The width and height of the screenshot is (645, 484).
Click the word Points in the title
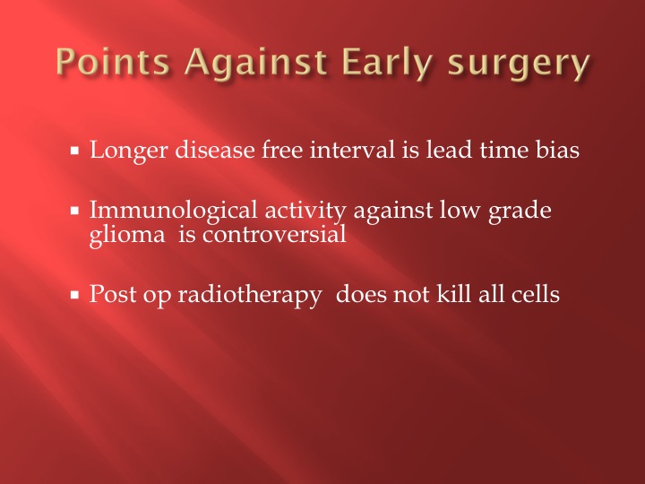pos(113,62)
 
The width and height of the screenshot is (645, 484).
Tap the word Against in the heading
pos(256,65)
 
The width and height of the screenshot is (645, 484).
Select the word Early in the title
pos(387,65)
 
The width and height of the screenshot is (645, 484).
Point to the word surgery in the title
pos(519,65)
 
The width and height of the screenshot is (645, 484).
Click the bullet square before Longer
pos(74,151)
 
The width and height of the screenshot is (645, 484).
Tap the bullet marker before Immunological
pos(74,211)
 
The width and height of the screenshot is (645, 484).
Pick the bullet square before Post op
pos(74,295)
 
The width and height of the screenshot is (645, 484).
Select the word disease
pos(215,150)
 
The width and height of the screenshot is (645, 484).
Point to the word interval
pos(352,150)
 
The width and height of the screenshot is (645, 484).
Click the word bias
pos(557,150)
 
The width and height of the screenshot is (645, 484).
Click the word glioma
pos(127,237)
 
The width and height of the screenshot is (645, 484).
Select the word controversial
pos(274,235)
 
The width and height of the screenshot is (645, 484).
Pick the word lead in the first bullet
pos(449,150)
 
